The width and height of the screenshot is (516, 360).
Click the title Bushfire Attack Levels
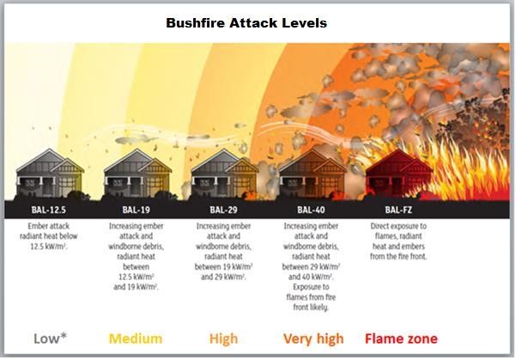pyautogui.click(x=246, y=23)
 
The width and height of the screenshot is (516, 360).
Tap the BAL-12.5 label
pyautogui.click(x=48, y=210)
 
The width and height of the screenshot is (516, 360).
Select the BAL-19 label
pyautogui.click(x=136, y=210)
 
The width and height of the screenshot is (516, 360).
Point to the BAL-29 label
pyautogui.click(x=223, y=210)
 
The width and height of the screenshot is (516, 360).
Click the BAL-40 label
pyautogui.click(x=311, y=210)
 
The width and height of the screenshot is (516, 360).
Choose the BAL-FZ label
pyautogui.click(x=398, y=210)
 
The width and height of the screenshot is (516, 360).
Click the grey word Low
pyautogui.click(x=46, y=339)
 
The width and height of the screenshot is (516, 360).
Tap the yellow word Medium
pyautogui.click(x=136, y=339)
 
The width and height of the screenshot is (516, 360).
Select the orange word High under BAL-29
pyautogui.click(x=223, y=339)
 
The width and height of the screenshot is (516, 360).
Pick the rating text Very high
pyautogui.click(x=313, y=339)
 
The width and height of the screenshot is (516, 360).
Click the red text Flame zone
pyautogui.click(x=402, y=339)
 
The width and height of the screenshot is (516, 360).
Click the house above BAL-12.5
pyautogui.click(x=50, y=174)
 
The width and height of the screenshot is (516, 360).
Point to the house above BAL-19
pyautogui.click(x=137, y=174)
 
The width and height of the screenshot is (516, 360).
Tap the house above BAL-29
pyautogui.click(x=225, y=174)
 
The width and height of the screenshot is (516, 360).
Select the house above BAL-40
pyautogui.click(x=313, y=174)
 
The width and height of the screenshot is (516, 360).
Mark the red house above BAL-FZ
pyautogui.click(x=399, y=174)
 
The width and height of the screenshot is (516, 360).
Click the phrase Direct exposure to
pyautogui.click(x=398, y=226)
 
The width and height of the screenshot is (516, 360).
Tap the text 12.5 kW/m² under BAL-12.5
pyautogui.click(x=49, y=247)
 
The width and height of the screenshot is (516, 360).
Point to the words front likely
pyautogui.click(x=311, y=308)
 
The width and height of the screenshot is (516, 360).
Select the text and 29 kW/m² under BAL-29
pyautogui.click(x=223, y=277)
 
